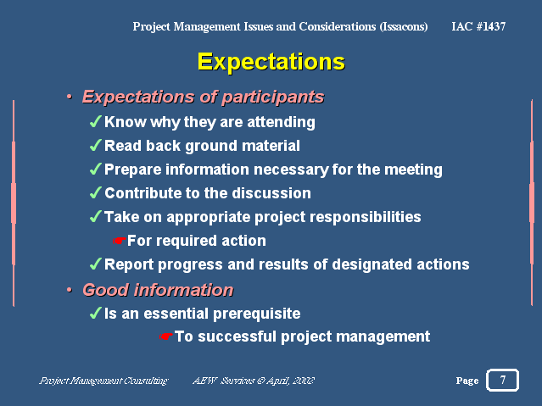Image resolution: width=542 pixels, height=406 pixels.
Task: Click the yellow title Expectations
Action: (x=271, y=62)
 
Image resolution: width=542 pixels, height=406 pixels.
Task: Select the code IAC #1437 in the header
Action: (x=478, y=26)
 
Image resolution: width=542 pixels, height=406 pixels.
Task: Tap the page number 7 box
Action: (x=503, y=380)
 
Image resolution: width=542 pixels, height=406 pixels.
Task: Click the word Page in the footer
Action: (x=467, y=381)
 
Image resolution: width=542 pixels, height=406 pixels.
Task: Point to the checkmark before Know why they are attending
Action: (x=95, y=121)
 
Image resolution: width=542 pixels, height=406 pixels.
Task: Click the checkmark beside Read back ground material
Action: (x=95, y=146)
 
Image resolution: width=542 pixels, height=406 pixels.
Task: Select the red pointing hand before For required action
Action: (x=120, y=241)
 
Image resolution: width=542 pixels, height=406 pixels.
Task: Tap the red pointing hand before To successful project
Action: (x=166, y=336)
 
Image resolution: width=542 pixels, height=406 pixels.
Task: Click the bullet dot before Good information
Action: (x=70, y=290)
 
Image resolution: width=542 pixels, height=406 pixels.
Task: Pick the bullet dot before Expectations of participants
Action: (x=70, y=97)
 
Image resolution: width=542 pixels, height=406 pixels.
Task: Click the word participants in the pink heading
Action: (x=273, y=97)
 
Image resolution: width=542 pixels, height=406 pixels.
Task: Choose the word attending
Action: (x=281, y=122)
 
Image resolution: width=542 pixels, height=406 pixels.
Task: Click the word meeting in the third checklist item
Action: (x=413, y=170)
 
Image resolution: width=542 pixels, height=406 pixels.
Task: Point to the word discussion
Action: (x=271, y=193)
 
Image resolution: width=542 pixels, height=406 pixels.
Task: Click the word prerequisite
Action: (x=257, y=314)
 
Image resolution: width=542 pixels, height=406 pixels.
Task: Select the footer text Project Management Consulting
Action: (x=103, y=381)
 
